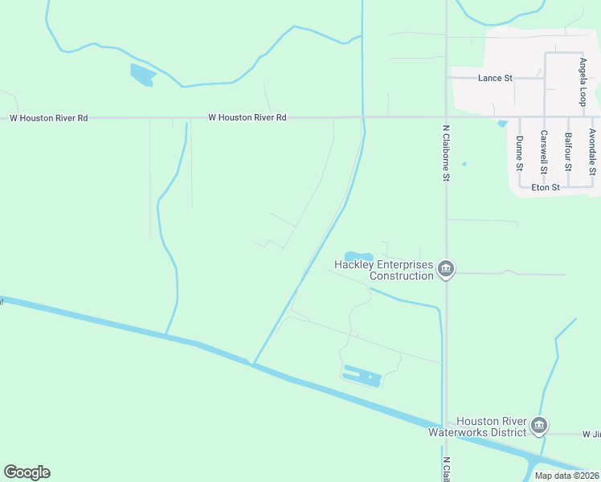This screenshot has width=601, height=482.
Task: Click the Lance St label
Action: pyautogui.click(x=495, y=78)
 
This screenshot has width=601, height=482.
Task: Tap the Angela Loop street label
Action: pyautogui.click(x=583, y=81)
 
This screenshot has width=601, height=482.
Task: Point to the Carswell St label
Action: pyautogui.click(x=544, y=152)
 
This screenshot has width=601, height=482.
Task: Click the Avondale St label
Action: pyautogui.click(x=592, y=152)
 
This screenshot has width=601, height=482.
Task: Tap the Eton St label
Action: pyautogui.click(x=545, y=187)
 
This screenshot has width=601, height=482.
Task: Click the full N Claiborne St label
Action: pyautogui.click(x=446, y=152)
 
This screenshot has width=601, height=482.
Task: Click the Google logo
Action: pyautogui.click(x=27, y=472)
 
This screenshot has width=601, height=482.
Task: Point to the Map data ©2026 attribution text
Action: pyautogui.click(x=566, y=475)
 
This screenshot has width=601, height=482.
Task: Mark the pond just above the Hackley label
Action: pyautogui.click(x=359, y=257)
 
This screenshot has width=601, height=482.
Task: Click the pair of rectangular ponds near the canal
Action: pyautogui.click(x=362, y=375)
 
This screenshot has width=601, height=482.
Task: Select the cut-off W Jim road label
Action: pyautogui.click(x=591, y=434)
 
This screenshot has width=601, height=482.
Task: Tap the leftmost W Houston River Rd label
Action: pyautogui.click(x=48, y=117)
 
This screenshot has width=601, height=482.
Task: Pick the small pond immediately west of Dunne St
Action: pyautogui.click(x=503, y=123)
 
